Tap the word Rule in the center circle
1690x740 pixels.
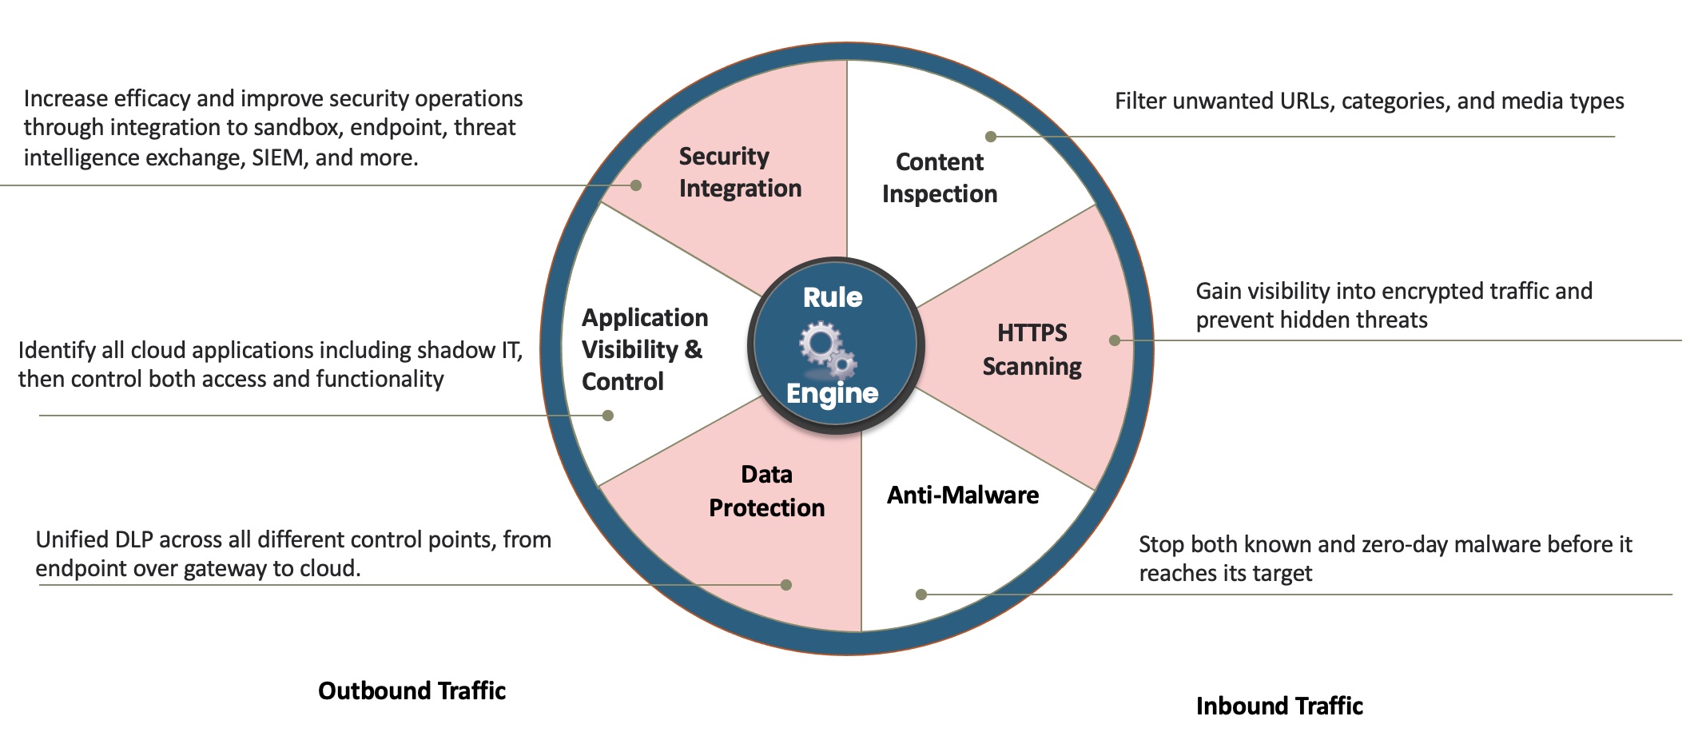833,297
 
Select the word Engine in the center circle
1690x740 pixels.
832,393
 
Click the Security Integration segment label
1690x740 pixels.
739,172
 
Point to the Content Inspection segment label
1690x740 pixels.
940,177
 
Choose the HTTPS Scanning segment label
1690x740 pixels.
1032,349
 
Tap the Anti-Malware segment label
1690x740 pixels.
963,495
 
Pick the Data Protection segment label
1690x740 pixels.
766,491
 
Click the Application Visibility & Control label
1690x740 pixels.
644,349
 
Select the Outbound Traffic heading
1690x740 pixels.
412,690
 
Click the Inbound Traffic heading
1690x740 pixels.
1279,706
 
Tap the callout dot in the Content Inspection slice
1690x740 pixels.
991,137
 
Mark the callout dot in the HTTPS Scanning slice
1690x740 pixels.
1115,340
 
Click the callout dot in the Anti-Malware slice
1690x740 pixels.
921,595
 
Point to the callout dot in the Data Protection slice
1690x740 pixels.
786,585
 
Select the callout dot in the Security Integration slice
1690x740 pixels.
636,185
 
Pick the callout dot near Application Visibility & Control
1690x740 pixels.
608,416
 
